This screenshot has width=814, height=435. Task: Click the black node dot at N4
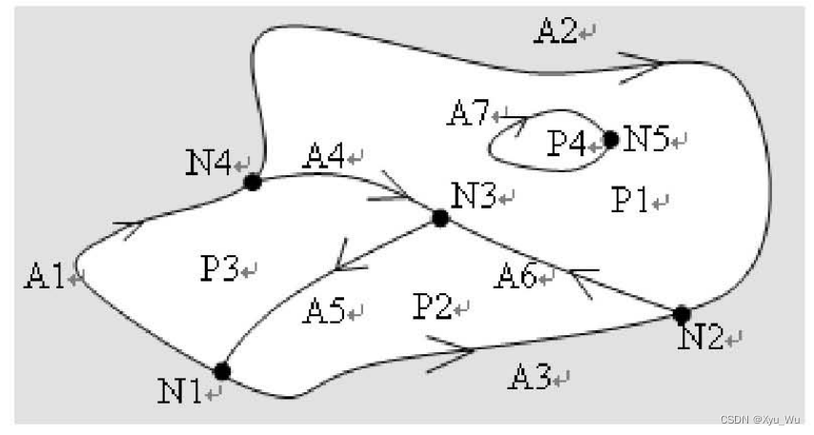pyautogui.click(x=253, y=182)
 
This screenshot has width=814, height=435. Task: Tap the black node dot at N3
pyautogui.click(x=439, y=218)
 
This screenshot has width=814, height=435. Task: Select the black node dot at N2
pyautogui.click(x=682, y=314)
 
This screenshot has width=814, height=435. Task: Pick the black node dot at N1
pyautogui.click(x=223, y=371)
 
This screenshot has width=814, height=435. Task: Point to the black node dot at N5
pyautogui.click(x=611, y=139)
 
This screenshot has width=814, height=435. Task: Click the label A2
pyautogui.click(x=558, y=31)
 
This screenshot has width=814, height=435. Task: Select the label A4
pyautogui.click(x=324, y=156)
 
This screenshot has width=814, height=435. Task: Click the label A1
pyautogui.click(x=46, y=277)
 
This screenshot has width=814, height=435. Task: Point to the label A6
pyautogui.click(x=518, y=277)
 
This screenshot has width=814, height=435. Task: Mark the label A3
pyautogui.click(x=531, y=379)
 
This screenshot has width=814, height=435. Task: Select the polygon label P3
pyautogui.click(x=220, y=269)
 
